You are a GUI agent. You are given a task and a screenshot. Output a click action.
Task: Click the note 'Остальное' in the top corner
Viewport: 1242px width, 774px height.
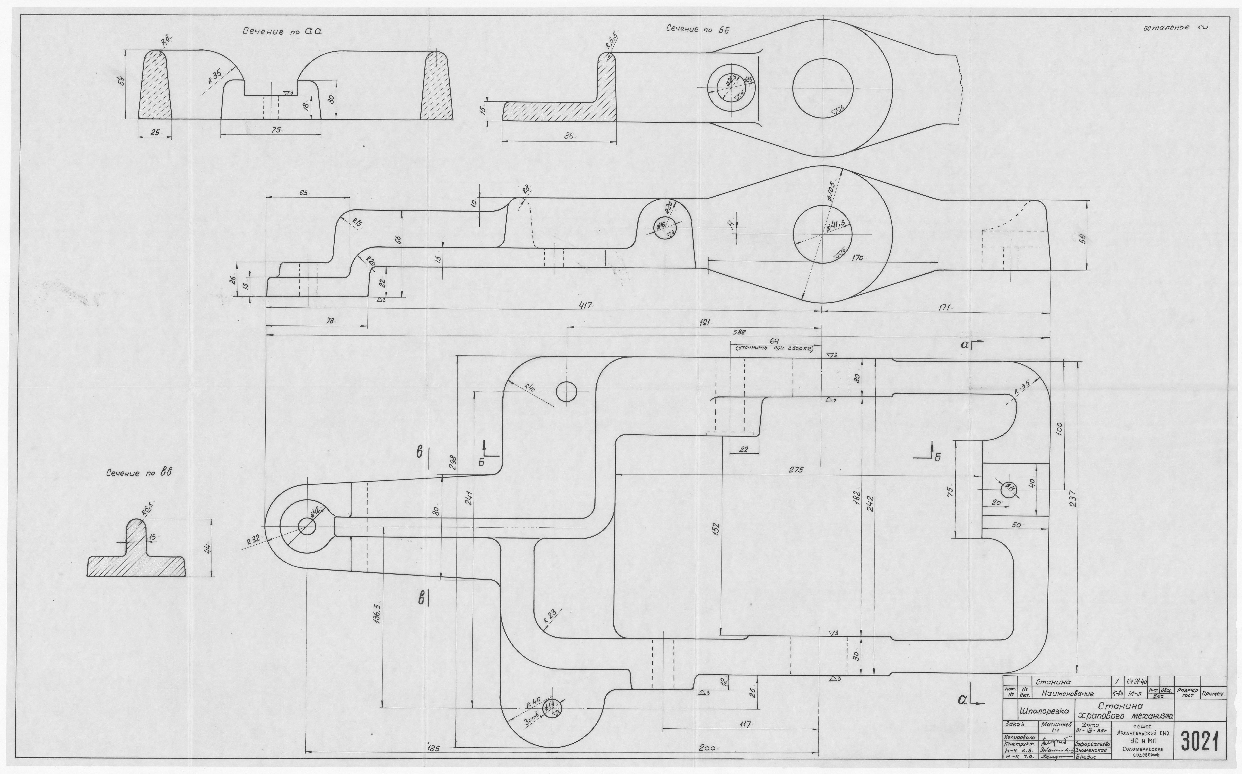point(1166,27)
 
